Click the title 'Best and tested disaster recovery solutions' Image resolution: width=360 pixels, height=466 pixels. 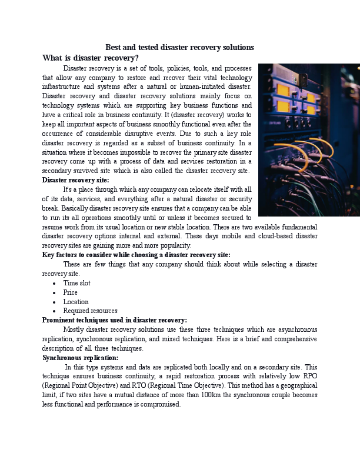(x=179, y=47)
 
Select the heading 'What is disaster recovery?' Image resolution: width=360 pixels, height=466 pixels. (x=91, y=58)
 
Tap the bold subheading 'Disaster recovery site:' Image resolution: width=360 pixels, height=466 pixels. (x=75, y=180)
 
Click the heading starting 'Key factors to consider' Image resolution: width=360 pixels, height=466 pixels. (x=136, y=255)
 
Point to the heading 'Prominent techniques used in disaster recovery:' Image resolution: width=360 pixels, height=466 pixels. (x=115, y=320)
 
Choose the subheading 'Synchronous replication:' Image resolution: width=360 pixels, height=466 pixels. (x=80, y=357)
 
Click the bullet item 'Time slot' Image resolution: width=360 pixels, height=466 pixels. (x=76, y=283)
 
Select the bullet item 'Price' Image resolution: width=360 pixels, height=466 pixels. (x=70, y=292)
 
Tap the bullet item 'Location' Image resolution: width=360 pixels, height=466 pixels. (x=76, y=302)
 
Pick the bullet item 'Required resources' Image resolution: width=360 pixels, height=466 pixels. (x=90, y=311)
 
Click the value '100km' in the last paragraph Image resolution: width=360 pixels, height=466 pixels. (x=216, y=395)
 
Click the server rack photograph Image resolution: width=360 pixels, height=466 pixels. (x=309, y=139)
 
